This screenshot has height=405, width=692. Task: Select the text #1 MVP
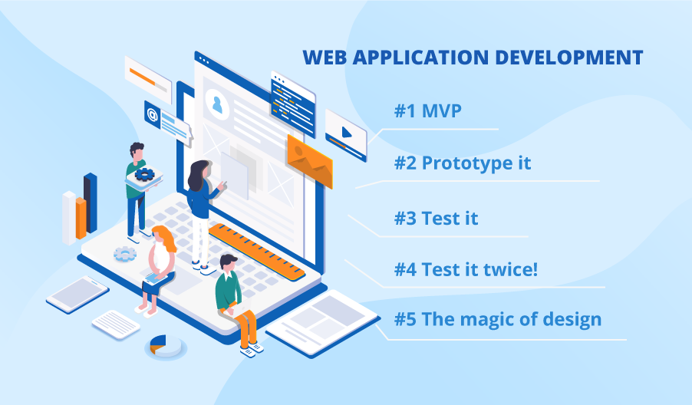coord(428,111)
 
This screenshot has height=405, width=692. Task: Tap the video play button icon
coord(346,131)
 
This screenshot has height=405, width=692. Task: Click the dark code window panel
coord(292,104)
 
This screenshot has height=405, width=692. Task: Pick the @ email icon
coord(152,115)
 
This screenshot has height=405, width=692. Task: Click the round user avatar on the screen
coord(217,104)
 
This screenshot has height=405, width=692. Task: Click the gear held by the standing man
coord(145,174)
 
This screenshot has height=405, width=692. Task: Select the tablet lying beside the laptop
coord(77,294)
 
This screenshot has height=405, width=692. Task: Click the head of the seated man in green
coord(227,262)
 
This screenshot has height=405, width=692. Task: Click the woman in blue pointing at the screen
coord(201,203)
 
